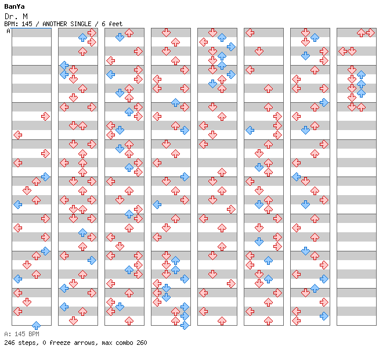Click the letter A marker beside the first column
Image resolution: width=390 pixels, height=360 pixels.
pyautogui.click(x=9, y=31)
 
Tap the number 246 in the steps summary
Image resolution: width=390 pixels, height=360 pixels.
pyautogui.click(x=9, y=343)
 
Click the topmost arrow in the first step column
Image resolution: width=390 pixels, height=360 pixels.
pyautogui.click(x=45, y=117)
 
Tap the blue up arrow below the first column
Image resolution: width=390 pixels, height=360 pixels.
pyautogui.click(x=36, y=326)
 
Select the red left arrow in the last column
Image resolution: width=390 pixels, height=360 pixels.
pyautogui.click(x=343, y=51)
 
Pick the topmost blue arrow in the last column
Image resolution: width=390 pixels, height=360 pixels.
pyautogui.click(x=361, y=75)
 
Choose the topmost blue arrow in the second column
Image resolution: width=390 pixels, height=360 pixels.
pyautogui.click(x=82, y=38)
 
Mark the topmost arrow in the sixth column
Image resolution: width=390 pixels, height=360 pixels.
pyautogui.click(x=250, y=33)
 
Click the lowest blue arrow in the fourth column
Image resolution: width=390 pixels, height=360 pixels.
pyautogui.click(x=185, y=325)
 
